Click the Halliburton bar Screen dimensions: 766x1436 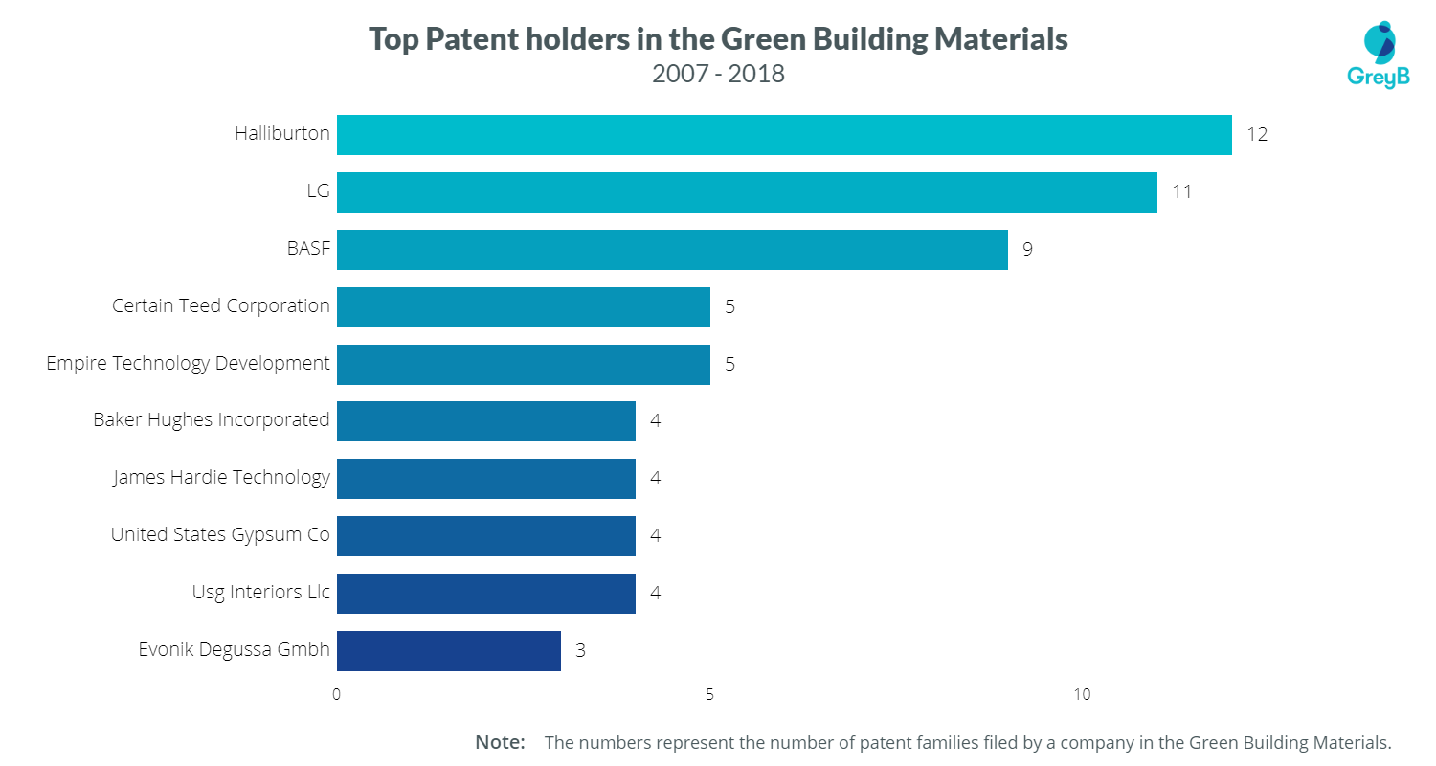point(784,135)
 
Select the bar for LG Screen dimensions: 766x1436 point(747,192)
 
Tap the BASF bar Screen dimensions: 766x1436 point(672,250)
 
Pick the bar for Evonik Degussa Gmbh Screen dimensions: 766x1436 point(449,651)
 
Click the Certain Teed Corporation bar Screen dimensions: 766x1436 point(524,307)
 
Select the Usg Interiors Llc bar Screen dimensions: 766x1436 point(486,594)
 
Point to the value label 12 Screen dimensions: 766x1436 point(1256,135)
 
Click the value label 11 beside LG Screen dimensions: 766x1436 point(1181,192)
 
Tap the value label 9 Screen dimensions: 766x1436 point(1027,250)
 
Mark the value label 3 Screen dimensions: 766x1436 point(580,651)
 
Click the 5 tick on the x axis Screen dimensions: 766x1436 point(709,695)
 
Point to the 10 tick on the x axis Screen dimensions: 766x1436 point(1082,695)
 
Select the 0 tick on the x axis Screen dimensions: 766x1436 point(337,695)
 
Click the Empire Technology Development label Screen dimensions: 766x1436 point(188,364)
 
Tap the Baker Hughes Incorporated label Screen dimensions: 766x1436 point(211,420)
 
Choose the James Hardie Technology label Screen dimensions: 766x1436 point(221,477)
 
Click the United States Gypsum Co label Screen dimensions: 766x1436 point(220,534)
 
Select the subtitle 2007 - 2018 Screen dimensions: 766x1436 point(718,74)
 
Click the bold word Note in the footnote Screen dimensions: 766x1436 point(500,742)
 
